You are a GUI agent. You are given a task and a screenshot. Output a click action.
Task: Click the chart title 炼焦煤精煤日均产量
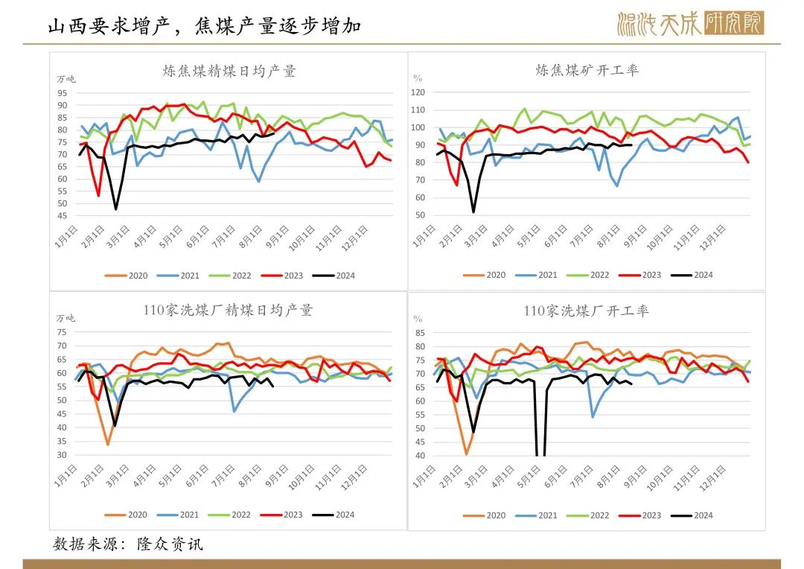click(x=229, y=71)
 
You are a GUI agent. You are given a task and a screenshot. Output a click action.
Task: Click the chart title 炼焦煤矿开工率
click(x=587, y=70)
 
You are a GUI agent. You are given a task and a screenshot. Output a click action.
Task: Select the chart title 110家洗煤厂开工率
click(x=586, y=310)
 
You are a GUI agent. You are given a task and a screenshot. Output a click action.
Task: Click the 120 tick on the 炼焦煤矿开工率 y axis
click(x=417, y=92)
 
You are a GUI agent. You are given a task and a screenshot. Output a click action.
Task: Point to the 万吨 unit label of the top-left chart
click(x=66, y=79)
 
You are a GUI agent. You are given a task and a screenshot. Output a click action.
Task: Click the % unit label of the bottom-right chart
click(x=417, y=318)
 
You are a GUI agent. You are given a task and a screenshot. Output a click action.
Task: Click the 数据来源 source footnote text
click(x=127, y=544)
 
